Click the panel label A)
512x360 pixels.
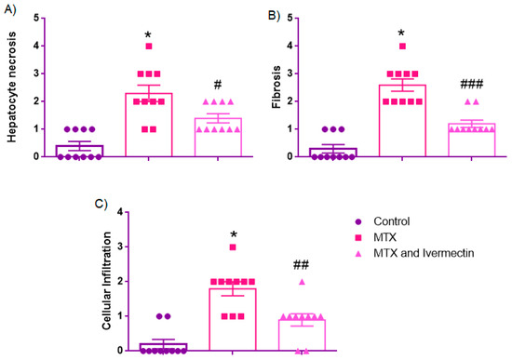pyautogui.click(x=12, y=14)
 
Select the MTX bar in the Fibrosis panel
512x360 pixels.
pyautogui.click(x=402, y=121)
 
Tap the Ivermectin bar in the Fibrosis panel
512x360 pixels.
pyautogui.click(x=473, y=140)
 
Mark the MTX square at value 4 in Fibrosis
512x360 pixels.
pyautogui.click(x=402, y=46)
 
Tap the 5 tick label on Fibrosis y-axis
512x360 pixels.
pyautogui.click(x=291, y=18)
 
